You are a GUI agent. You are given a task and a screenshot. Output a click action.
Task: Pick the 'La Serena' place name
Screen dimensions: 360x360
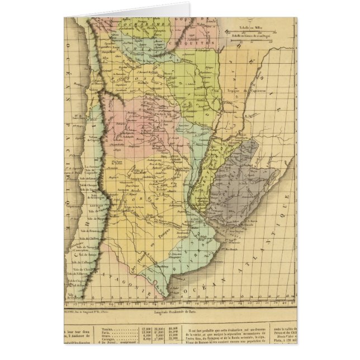pyautogui.click(x=91, y=167)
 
